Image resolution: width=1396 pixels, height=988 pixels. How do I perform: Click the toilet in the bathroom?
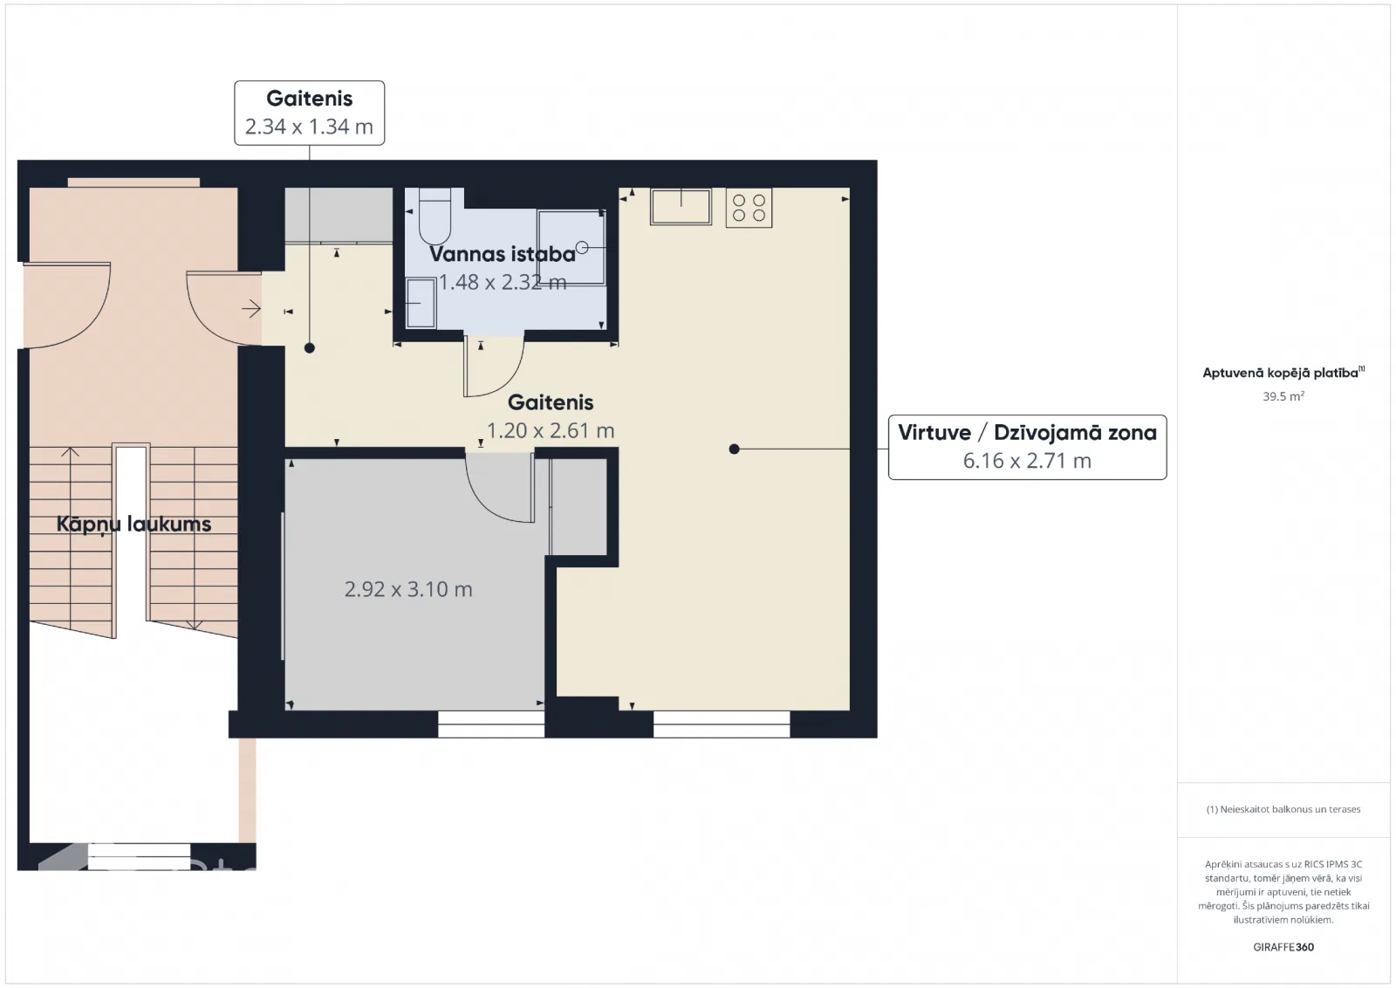[x=435, y=216]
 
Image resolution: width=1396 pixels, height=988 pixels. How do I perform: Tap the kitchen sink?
[x=681, y=206]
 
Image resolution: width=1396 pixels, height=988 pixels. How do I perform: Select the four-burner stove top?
[x=749, y=208]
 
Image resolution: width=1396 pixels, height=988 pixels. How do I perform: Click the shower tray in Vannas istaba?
[x=571, y=248]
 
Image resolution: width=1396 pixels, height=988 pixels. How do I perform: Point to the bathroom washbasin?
[x=421, y=303]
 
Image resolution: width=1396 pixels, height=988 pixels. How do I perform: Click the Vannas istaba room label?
[x=503, y=254]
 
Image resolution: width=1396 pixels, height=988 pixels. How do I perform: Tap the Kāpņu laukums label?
[x=134, y=525]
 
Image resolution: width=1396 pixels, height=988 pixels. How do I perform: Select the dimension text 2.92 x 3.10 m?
[x=408, y=589]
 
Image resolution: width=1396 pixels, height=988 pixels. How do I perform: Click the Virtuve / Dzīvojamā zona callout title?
[x=1027, y=433]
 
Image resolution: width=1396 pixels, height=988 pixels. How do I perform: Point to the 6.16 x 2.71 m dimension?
[x=1027, y=461]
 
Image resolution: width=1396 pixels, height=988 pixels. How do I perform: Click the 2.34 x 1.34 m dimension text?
[x=309, y=127]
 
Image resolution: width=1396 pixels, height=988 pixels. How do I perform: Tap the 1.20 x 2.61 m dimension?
[x=551, y=431]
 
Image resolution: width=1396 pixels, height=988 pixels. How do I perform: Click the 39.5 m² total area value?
[x=1283, y=396]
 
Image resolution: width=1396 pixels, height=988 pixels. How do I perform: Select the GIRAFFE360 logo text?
[x=1283, y=947]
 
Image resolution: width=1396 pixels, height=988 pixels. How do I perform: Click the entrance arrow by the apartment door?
[x=251, y=309]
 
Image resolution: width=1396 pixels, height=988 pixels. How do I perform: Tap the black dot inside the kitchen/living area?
[x=734, y=449]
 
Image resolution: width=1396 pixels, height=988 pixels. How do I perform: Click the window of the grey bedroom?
[x=491, y=724]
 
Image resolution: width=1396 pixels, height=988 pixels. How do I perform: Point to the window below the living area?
[x=722, y=724]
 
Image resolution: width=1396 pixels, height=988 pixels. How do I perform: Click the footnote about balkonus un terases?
[x=1283, y=809]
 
